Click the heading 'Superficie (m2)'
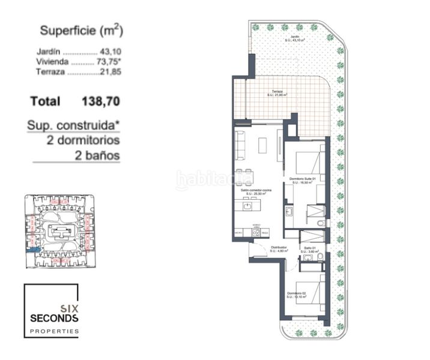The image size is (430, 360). pyautogui.click(x=81, y=31)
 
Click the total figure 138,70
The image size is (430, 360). pyautogui.click(x=100, y=101)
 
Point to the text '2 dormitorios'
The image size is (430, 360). pyautogui.click(x=83, y=140)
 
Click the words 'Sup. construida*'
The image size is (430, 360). pyautogui.click(x=73, y=125)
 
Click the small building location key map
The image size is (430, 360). pyautogui.click(x=58, y=231)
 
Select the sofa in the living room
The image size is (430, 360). pyautogui.click(x=240, y=142)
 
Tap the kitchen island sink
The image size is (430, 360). pyautogui.click(x=247, y=206)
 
